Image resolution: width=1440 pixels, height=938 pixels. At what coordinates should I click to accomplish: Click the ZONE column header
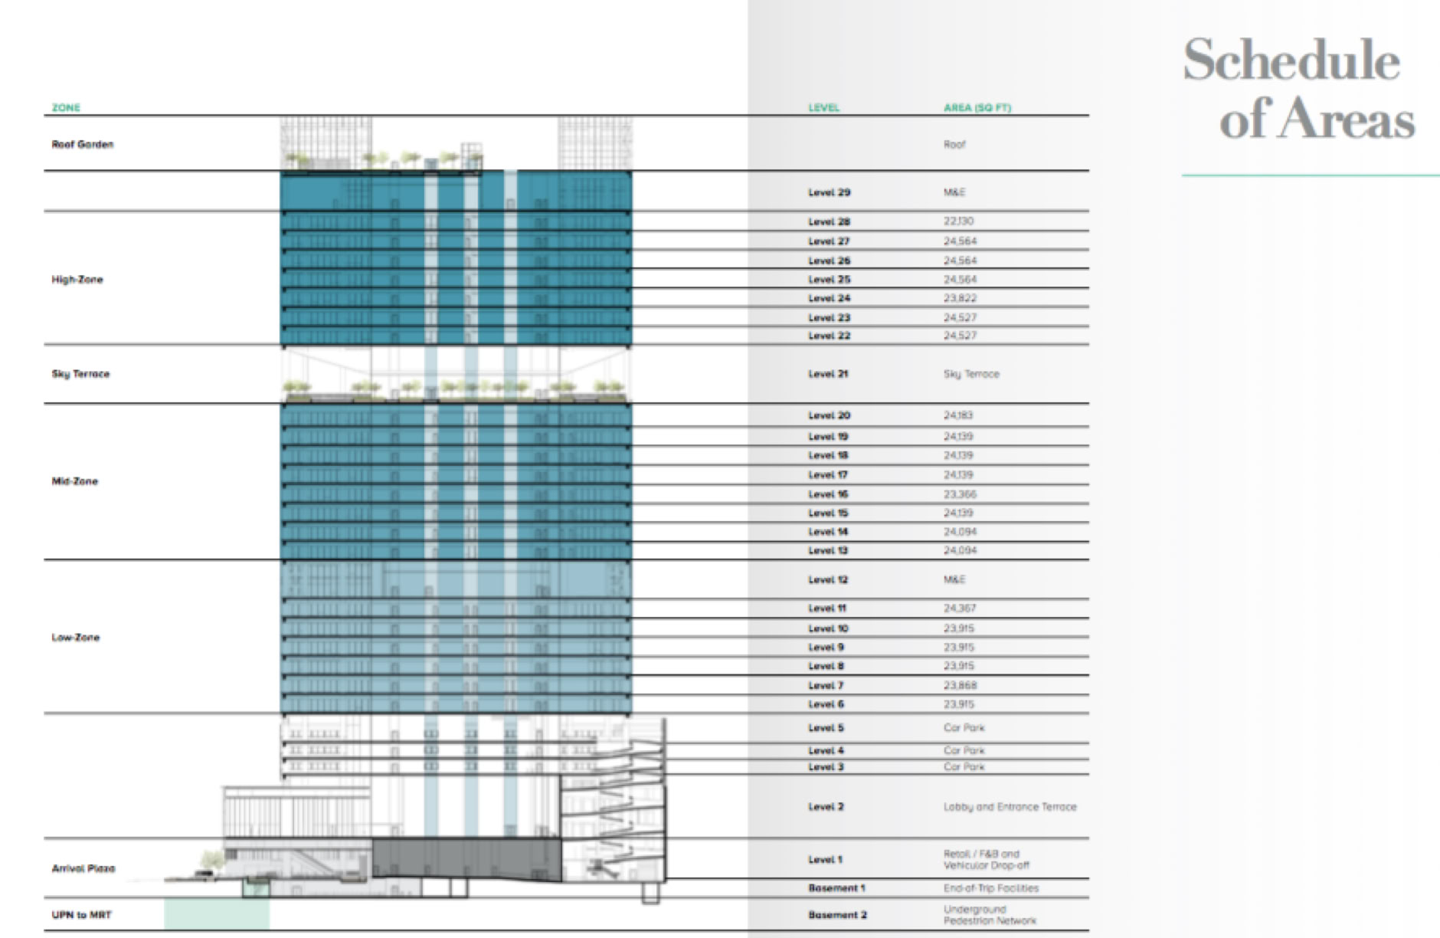66,108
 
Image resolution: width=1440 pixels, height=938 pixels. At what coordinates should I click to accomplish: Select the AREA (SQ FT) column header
977,108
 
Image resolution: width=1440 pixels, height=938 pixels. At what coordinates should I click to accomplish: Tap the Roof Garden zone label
82,144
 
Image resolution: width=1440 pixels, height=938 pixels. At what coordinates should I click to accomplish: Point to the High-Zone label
77,280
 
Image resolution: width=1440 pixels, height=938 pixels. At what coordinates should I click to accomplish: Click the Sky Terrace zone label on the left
80,374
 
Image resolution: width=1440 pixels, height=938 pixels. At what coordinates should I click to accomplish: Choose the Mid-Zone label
74,481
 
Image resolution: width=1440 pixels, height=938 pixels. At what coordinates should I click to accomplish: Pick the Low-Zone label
75,638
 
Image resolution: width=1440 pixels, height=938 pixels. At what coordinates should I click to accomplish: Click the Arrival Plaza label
83,869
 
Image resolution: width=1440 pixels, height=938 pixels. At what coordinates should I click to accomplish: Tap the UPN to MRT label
81,915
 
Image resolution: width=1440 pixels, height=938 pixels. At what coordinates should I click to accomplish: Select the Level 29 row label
829,192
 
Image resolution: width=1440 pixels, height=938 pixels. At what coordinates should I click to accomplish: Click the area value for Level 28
958,221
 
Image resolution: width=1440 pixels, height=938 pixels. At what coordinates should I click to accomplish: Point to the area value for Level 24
960,298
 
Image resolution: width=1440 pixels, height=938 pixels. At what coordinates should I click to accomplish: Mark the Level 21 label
828,374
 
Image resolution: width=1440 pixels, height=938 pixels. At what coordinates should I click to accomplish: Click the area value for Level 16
960,494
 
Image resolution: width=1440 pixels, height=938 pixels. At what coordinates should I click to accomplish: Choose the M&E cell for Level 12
954,579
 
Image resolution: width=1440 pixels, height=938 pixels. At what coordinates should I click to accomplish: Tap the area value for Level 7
960,686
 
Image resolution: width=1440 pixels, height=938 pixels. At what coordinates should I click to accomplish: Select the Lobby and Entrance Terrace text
1010,807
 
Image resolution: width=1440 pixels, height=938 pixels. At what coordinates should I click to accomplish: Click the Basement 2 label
837,915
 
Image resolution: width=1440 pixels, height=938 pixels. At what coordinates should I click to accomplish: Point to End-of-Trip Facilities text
990,888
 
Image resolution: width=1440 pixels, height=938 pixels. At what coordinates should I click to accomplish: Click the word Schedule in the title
1291,61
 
